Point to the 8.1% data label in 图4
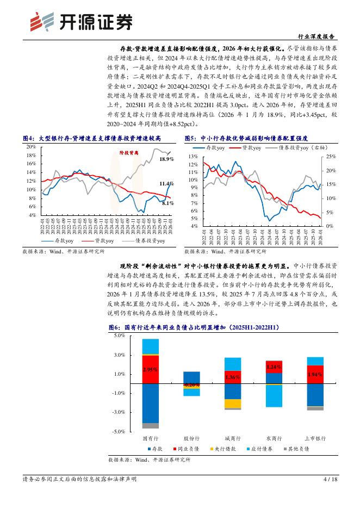[167, 203]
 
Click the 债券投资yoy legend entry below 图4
[151, 240]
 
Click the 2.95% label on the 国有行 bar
[150, 369]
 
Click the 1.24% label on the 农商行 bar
[274, 367]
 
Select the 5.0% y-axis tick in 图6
[119, 336]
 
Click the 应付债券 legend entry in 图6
[265, 449]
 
